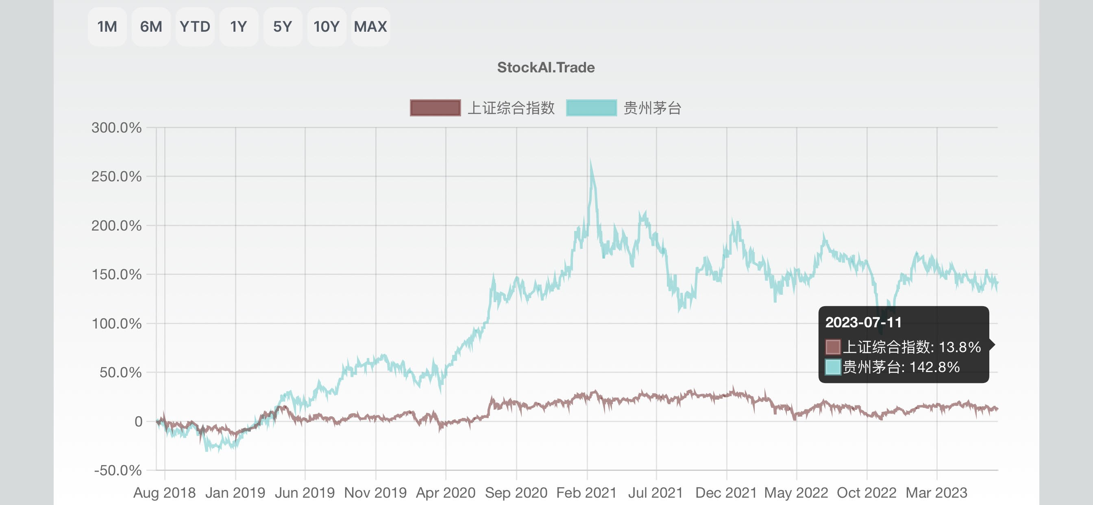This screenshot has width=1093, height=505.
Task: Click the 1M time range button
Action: [x=107, y=27]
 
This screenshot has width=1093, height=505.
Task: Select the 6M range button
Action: [x=151, y=27]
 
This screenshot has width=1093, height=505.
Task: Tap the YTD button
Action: [x=195, y=27]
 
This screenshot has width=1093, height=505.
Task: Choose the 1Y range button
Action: [x=238, y=27]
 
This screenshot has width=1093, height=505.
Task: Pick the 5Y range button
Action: [x=283, y=27]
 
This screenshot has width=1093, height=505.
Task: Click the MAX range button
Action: [x=370, y=27]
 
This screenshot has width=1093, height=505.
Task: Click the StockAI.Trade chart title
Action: [x=546, y=67]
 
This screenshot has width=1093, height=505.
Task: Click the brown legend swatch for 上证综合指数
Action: [x=435, y=108]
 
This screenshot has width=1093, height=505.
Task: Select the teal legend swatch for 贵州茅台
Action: [x=591, y=108]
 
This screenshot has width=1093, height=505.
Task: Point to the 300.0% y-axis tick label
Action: [x=116, y=128]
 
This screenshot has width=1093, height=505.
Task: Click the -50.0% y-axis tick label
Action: [x=118, y=470]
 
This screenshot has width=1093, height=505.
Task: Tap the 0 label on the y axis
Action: [x=138, y=421]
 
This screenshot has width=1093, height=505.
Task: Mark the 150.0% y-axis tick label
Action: [x=116, y=274]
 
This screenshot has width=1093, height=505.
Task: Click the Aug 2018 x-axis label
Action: [x=164, y=493]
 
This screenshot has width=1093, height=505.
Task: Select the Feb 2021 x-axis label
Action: [x=586, y=493]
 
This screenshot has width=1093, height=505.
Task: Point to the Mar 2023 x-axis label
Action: [x=936, y=493]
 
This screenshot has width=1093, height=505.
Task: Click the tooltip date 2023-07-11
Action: [x=863, y=322]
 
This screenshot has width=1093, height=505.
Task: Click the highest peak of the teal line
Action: [x=590, y=161]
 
